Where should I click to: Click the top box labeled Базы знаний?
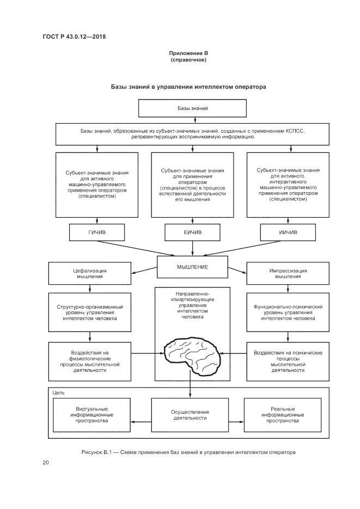point(192,109)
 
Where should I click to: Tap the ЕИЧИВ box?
point(192,232)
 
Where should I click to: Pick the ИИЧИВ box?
point(287,232)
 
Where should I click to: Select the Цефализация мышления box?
point(90,273)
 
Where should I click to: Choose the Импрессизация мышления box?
point(288,273)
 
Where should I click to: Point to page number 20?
point(46,463)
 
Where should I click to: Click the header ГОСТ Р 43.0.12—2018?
point(74,36)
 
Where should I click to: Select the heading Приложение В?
point(188,53)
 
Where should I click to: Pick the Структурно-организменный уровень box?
point(90,313)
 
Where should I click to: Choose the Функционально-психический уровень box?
point(288,313)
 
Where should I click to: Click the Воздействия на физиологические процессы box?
point(90,361)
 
